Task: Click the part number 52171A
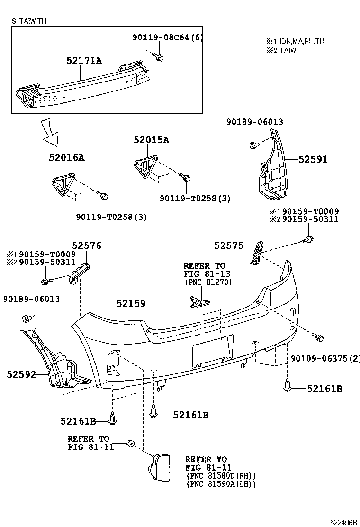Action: pyautogui.click(x=84, y=60)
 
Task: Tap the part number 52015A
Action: pyautogui.click(x=151, y=140)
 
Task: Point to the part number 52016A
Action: pyautogui.click(x=66, y=158)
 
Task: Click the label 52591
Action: pyautogui.click(x=313, y=160)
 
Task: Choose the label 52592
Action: pyautogui.click(x=21, y=374)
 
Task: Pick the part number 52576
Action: pyautogui.click(x=86, y=245)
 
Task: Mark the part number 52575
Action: pyautogui.click(x=228, y=245)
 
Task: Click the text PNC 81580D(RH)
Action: pyautogui.click(x=220, y=476)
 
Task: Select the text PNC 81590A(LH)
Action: pyautogui.click(x=220, y=484)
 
